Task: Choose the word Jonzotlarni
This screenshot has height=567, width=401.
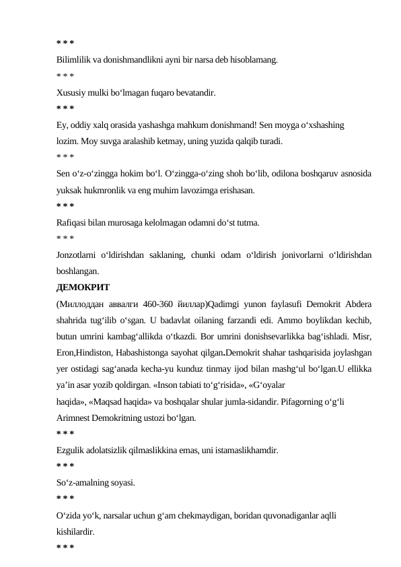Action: [77, 255]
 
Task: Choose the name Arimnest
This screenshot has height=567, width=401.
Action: [75, 418]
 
